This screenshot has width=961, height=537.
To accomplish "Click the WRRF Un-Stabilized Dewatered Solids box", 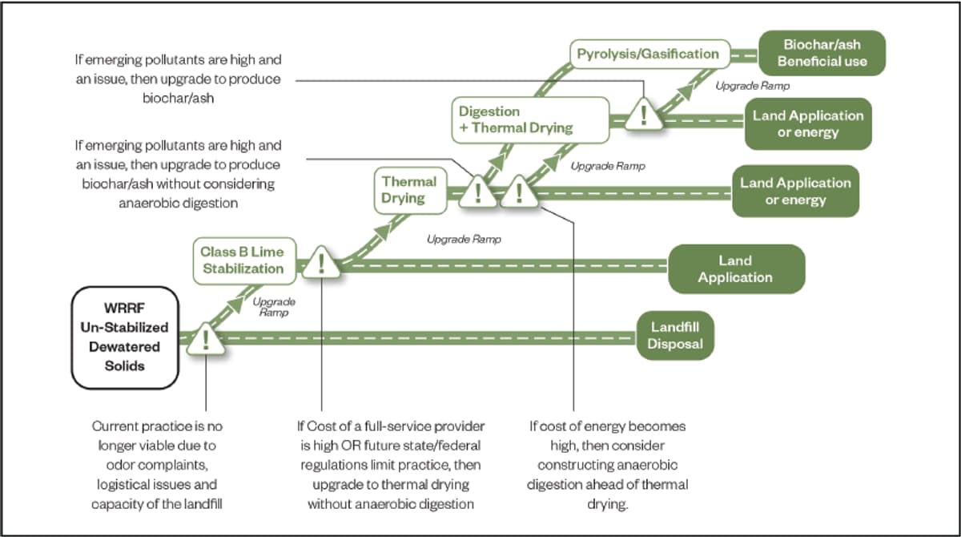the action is click(x=125, y=337).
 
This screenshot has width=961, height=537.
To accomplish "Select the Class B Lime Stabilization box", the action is click(x=244, y=260).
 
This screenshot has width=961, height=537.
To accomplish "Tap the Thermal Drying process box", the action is click(x=410, y=190).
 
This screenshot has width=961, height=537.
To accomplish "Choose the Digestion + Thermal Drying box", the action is click(x=530, y=119).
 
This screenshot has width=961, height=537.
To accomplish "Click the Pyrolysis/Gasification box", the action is click(x=650, y=54).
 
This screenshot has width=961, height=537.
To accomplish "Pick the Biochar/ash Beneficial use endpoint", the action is click(x=822, y=53).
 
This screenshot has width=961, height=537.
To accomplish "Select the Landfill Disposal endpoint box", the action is click(x=675, y=335).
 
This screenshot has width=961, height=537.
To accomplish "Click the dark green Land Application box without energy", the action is click(x=736, y=268).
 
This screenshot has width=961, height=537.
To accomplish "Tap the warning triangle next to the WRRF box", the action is click(x=206, y=340).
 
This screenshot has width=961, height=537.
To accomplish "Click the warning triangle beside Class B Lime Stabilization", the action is click(x=321, y=263).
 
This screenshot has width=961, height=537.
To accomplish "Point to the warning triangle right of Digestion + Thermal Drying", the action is click(x=644, y=115).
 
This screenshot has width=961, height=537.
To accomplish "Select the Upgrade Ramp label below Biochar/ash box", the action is click(x=753, y=86).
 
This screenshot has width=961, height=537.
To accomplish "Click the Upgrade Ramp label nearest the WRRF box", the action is click(x=274, y=307).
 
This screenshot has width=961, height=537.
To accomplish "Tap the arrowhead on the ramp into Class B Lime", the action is click(x=235, y=304).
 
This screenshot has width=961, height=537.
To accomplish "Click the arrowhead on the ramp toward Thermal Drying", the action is click(x=383, y=231).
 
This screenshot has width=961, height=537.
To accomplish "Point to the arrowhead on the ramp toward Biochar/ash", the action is click(x=686, y=91).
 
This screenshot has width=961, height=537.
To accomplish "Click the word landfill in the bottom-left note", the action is click(x=203, y=503).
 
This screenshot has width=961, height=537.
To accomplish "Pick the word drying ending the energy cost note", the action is click(x=607, y=504).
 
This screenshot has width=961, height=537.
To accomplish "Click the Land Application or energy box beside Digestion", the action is click(x=808, y=123).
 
